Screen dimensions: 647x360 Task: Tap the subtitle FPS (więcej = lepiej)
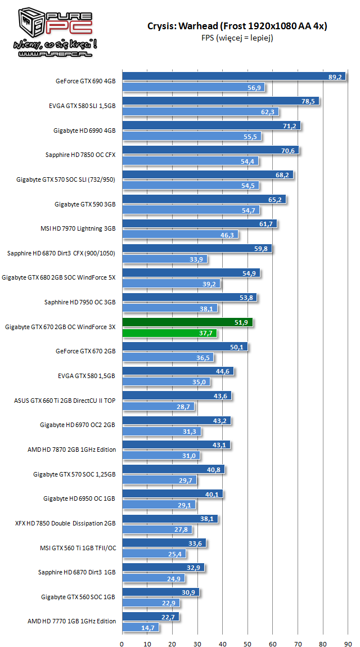(237, 38)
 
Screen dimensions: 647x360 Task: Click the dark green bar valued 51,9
(188, 322)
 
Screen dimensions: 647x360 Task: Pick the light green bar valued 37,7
(169, 333)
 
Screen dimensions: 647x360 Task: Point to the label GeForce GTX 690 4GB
(85, 81)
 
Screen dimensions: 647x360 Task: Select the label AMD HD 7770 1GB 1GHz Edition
(71, 621)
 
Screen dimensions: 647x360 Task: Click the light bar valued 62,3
(200, 112)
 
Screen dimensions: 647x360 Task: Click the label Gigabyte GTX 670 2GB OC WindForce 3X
(60, 327)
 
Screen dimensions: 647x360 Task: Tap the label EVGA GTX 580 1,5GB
(87, 376)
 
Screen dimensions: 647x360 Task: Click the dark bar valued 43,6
(177, 396)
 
